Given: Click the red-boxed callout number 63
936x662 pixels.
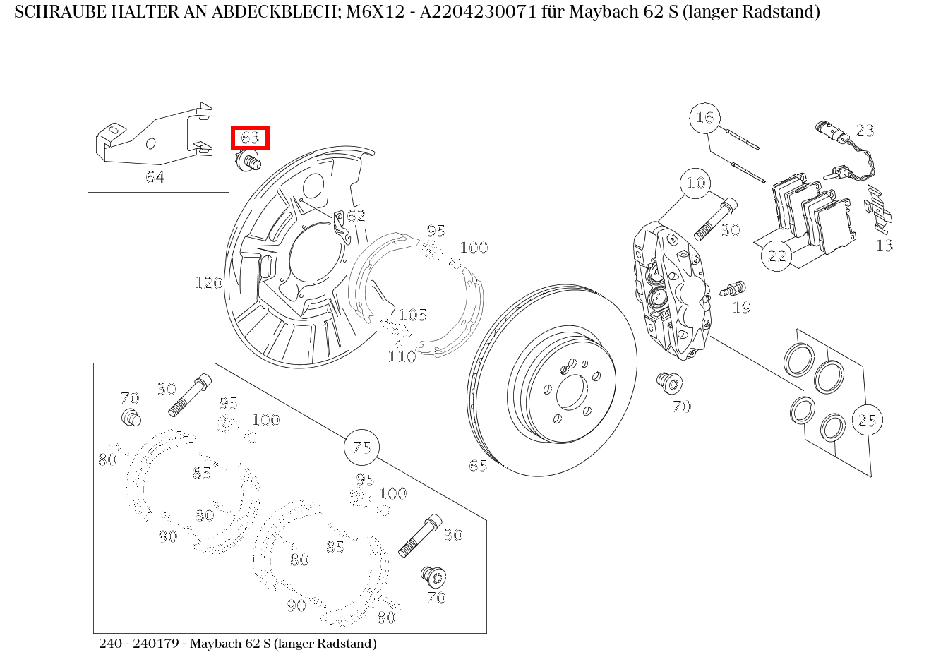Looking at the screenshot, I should (250, 138).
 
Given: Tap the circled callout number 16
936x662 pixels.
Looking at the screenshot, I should (704, 117).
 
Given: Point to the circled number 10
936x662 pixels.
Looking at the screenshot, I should (696, 183).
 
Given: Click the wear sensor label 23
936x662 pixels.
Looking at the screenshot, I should (865, 131).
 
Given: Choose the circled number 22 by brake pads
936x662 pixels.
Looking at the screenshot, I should (776, 255).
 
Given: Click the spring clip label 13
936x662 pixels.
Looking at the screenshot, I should (884, 246).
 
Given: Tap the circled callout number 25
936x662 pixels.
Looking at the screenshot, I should (867, 421).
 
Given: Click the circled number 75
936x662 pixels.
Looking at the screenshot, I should (361, 447).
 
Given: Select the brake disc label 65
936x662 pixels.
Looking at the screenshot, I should (478, 466).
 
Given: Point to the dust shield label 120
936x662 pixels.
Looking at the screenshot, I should (208, 283).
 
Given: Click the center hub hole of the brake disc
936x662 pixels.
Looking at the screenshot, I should (570, 392).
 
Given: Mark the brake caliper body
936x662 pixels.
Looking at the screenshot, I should (671, 289).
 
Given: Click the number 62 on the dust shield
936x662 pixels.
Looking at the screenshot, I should (356, 216).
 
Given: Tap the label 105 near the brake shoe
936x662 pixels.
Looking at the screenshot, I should (413, 315).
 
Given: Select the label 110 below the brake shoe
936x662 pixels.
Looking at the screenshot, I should (402, 356).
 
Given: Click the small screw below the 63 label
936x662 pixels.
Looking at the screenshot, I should (249, 161).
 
